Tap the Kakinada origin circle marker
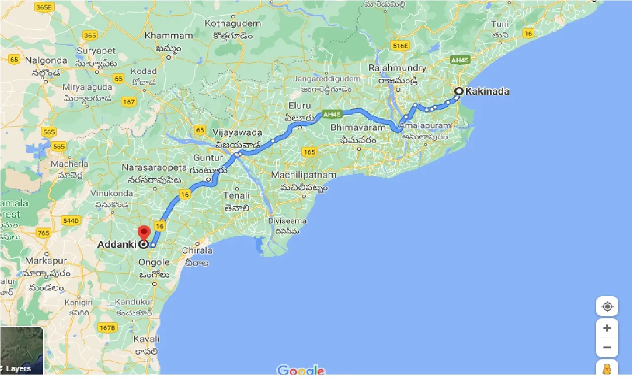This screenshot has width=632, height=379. (x=459, y=91)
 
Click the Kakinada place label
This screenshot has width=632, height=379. (x=488, y=91)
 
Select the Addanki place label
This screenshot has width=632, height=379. (x=117, y=244)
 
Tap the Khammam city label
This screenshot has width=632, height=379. (x=169, y=36)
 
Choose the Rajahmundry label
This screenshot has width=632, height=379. (x=397, y=68)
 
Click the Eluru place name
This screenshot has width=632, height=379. (x=300, y=106)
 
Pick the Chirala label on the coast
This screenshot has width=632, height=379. (x=197, y=250)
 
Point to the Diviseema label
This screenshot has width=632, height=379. (x=287, y=221)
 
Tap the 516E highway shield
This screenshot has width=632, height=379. (x=400, y=45)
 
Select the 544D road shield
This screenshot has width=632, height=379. (x=71, y=220)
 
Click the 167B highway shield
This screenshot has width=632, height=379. (x=107, y=327)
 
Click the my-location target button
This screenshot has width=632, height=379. (x=607, y=306)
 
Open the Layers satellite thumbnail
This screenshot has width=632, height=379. (x=22, y=350)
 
